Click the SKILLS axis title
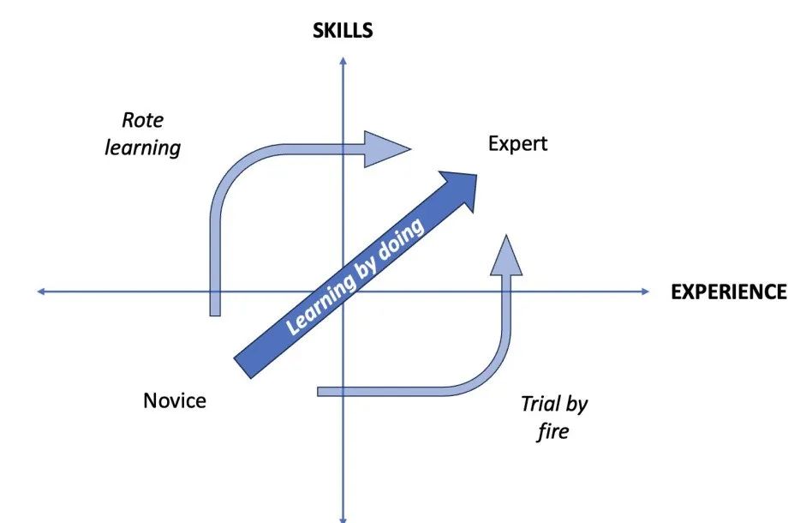tap(343, 31)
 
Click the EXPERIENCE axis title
tap(729, 292)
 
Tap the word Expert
tap(517, 143)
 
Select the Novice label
tap(175, 400)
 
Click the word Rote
tap(142, 120)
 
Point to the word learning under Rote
tap(143, 148)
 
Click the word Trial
tap(540, 404)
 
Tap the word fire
tap(553, 431)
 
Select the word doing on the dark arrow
tap(401, 240)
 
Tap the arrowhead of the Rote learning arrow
tap(387, 149)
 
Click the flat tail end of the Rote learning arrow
tap(215, 316)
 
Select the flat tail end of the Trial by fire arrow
tap(318, 392)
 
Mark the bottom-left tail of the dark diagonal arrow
tap(242, 368)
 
